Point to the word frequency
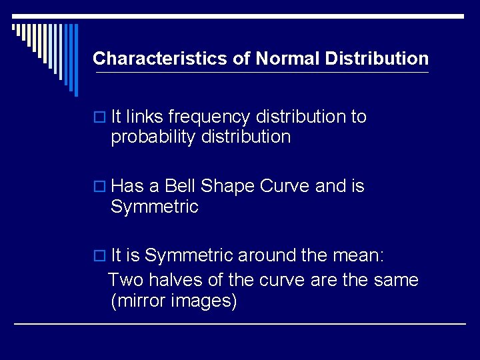coord(208,117)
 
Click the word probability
coord(147,137)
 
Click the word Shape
coord(229,187)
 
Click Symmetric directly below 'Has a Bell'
coord(155,207)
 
